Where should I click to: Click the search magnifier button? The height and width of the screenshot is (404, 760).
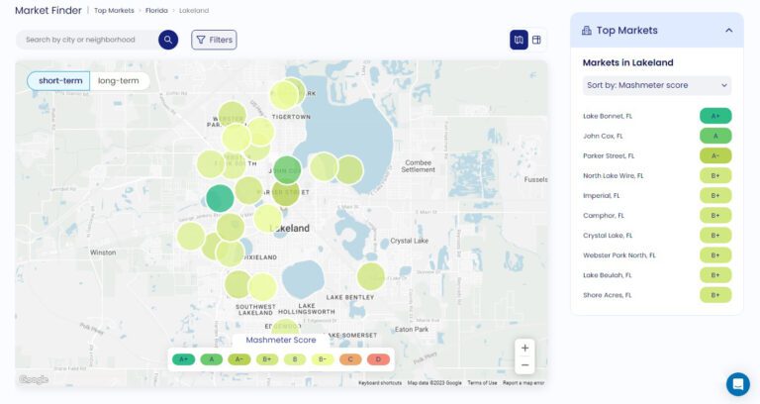pyautogui.click(x=168, y=40)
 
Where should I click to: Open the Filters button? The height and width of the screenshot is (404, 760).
pyautogui.click(x=214, y=40)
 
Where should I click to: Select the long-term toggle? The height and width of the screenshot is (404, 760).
pyautogui.click(x=119, y=80)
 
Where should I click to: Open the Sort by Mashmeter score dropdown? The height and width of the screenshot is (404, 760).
pyautogui.click(x=657, y=85)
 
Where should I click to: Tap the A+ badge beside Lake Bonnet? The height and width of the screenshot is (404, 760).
pyautogui.click(x=714, y=116)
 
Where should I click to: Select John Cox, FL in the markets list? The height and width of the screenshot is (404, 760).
pyautogui.click(x=604, y=136)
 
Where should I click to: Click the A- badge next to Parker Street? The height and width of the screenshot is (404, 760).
pyautogui.click(x=714, y=155)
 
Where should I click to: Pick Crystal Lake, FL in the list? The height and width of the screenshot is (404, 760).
pyautogui.click(x=608, y=235)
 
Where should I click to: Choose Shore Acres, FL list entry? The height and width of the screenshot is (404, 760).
pyautogui.click(x=608, y=295)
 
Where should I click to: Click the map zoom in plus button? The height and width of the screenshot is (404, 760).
pyautogui.click(x=525, y=348)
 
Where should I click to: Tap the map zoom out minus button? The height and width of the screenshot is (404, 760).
pyautogui.click(x=525, y=365)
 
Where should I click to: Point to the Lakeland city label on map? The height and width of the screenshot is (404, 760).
pyautogui.click(x=290, y=228)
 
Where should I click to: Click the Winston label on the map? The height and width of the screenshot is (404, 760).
pyautogui.click(x=103, y=252)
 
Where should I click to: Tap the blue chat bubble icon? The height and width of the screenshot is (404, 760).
pyautogui.click(x=737, y=383)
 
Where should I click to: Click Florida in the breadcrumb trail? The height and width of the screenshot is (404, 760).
pyautogui.click(x=155, y=10)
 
